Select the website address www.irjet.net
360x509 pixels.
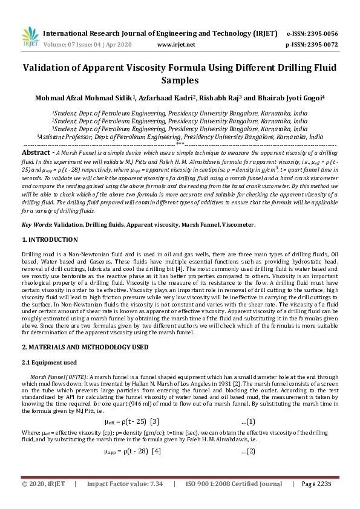pos(176,44)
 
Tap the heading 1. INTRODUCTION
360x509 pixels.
pos(48,240)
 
